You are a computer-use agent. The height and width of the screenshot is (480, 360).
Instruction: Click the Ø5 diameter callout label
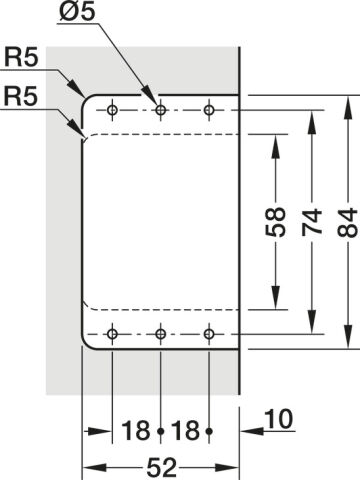tap(77, 11)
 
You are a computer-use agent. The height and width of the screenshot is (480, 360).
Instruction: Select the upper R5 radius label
tap(21, 57)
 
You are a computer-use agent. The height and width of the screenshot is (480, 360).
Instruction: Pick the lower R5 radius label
tap(20, 97)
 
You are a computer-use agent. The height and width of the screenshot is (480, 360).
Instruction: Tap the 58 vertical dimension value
tap(276, 222)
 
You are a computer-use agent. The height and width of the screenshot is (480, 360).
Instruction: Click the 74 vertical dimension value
tap(312, 222)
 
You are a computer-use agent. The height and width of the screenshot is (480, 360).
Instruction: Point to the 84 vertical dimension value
tap(348, 223)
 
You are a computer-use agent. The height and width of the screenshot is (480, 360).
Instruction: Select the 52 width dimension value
tap(161, 467)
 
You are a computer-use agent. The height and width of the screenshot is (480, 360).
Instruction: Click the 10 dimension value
tap(279, 419)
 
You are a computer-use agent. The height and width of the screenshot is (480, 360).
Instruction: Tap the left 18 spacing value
tap(136, 430)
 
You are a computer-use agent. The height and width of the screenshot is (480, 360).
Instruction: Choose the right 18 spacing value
tap(185, 430)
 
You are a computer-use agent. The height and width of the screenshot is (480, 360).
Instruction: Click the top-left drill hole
tap(112, 109)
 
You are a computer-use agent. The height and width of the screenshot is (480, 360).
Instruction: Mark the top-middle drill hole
tap(161, 109)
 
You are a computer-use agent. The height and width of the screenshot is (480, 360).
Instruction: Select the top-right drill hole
tap(209, 109)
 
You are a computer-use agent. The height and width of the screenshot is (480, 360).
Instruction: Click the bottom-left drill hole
tap(112, 333)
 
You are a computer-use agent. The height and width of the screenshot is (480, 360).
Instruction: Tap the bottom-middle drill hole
tap(161, 333)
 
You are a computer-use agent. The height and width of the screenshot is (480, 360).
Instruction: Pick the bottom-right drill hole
tap(209, 333)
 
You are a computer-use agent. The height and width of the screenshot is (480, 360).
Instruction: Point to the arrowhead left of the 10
tap(252, 431)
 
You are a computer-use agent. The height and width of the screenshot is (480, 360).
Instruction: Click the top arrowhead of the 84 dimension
tap(348, 107)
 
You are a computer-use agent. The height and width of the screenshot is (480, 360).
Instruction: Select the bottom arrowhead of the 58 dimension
tap(276, 298)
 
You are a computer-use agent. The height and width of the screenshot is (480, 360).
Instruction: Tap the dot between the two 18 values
tap(161, 431)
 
